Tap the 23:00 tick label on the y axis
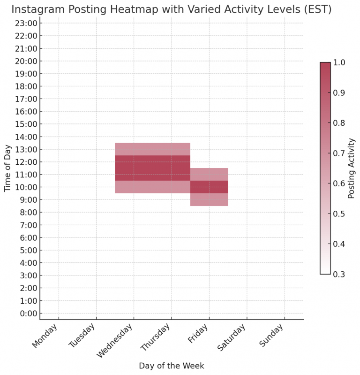pos(27,23)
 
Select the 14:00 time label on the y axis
pos(27,137)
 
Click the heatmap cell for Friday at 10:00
pos(209,187)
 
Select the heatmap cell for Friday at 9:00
pos(209,199)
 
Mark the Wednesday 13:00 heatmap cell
pos(134,149)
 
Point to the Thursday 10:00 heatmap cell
pos(172,187)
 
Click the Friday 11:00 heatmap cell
pos(209,174)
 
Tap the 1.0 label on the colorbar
pos(339,62)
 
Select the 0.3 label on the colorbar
pos(339,274)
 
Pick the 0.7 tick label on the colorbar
pos(339,153)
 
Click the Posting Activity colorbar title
pos(352,168)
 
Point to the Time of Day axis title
pos(7,168)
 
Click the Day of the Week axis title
pos(171,366)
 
